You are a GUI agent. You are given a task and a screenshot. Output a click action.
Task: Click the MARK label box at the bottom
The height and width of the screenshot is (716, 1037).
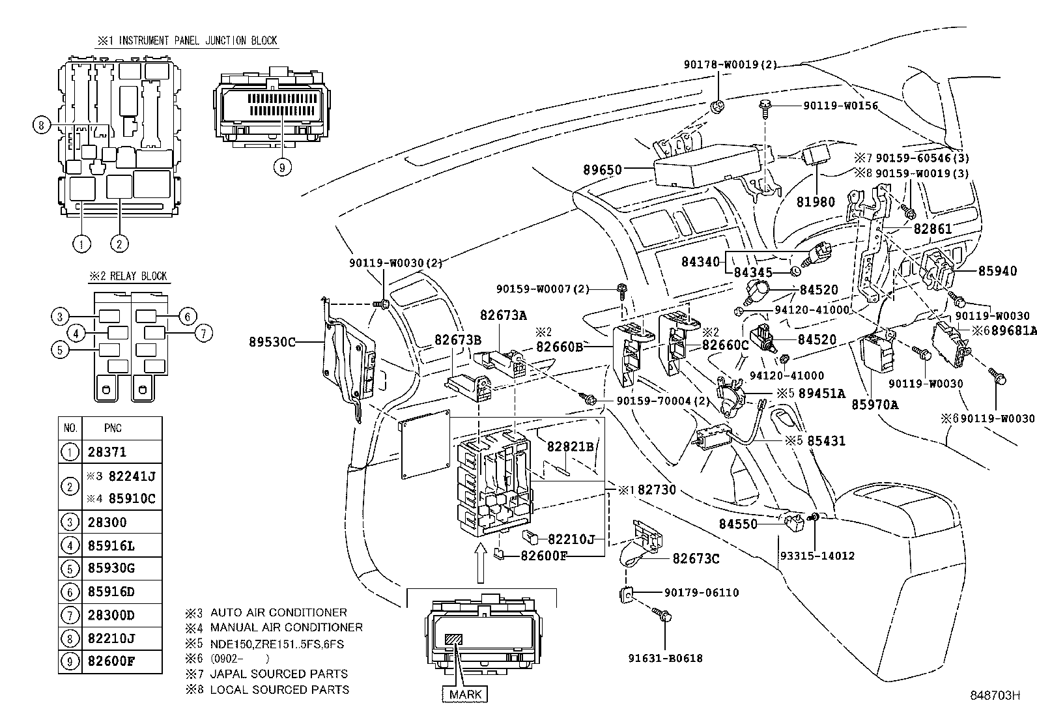click(x=465, y=695)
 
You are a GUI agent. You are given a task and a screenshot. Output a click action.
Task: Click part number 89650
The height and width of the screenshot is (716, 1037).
click(x=602, y=169)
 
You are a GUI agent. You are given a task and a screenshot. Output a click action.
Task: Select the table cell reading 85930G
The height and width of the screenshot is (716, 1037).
click(x=111, y=568)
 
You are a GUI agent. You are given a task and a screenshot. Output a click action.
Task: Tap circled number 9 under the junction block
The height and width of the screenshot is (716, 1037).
click(x=281, y=167)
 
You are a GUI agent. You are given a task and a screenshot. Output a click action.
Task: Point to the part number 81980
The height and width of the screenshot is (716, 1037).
click(x=815, y=202)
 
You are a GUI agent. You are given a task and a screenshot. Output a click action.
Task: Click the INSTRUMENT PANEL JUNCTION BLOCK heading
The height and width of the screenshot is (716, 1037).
click(x=188, y=40)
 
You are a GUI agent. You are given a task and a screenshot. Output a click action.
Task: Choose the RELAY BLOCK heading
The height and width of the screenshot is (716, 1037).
click(x=129, y=276)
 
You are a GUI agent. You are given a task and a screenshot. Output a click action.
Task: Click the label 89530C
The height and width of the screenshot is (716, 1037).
click(x=272, y=341)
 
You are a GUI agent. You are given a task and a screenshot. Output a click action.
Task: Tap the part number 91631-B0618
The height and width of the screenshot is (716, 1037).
click(x=665, y=659)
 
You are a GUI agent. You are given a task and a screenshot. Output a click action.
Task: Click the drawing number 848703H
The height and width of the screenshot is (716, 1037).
click(x=993, y=696)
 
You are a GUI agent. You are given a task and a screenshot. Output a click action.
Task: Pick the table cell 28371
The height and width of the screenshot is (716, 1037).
click(x=107, y=451)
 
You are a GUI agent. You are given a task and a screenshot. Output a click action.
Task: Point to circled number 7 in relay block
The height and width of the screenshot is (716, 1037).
click(x=203, y=334)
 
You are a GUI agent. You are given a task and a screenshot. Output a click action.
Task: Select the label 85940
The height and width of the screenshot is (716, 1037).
click(x=997, y=271)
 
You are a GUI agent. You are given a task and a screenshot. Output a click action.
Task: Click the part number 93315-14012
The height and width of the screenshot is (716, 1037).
click(x=817, y=556)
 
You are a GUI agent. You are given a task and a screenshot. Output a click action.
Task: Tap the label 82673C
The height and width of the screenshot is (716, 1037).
click(x=696, y=559)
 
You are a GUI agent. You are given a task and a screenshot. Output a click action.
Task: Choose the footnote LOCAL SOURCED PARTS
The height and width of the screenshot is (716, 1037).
click(x=279, y=689)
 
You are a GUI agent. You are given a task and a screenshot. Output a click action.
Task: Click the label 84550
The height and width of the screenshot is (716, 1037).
click(x=738, y=524)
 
